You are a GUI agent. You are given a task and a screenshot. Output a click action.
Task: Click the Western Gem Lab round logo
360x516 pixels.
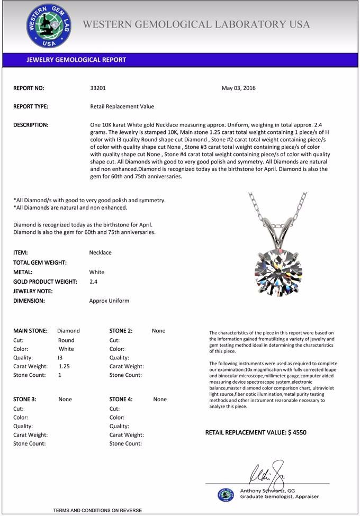coord(49,26)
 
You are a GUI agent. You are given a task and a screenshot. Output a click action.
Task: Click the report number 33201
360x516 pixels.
coord(98,88)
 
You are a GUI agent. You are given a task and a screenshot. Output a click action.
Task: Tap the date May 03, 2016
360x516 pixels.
coord(238,88)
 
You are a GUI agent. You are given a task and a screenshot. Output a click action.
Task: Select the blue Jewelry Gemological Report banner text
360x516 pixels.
coord(76,60)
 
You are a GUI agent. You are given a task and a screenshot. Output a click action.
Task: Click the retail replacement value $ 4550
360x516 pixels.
coord(256,432)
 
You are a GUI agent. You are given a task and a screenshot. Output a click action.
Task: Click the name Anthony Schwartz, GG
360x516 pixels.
coord(267,491)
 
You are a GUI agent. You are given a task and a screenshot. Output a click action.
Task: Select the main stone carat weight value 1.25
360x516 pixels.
coord(65,366)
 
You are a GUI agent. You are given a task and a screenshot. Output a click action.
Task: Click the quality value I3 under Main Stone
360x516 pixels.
coord(60,358)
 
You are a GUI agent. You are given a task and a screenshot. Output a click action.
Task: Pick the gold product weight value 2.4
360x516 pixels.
coord(93,282)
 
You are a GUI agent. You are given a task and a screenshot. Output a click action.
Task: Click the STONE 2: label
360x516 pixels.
coord(121,331)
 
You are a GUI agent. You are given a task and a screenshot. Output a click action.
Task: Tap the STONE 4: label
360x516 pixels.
coord(121,400)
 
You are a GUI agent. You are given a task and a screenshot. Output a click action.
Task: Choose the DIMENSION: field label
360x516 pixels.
coord(29,301)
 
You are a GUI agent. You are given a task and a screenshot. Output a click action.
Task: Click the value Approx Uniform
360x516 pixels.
coord(109,301)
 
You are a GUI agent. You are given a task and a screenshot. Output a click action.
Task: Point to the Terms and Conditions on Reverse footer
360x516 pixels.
coord(97,510)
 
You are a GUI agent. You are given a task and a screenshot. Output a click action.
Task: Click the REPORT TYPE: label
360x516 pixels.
coord(31,106)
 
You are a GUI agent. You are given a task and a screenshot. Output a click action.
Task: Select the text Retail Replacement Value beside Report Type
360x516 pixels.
coord(122,106)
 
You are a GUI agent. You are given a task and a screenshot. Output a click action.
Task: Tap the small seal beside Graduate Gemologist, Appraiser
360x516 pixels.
coord(226,495)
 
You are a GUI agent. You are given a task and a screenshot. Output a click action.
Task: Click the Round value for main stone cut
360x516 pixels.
coord(66,340)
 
